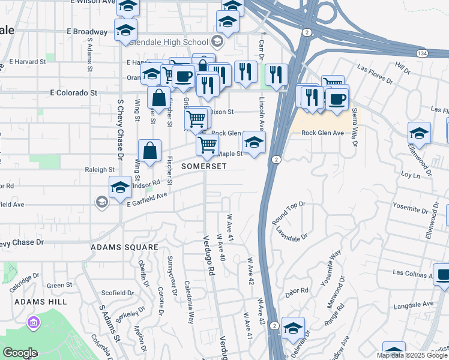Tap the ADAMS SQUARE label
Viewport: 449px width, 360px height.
[x=124, y=247]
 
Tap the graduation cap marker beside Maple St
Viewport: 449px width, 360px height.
[x=254, y=144]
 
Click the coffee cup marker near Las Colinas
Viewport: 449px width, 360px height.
[x=443, y=277]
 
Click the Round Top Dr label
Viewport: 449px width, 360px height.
[x=289, y=213]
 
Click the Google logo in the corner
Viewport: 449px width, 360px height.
[x=20, y=353]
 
